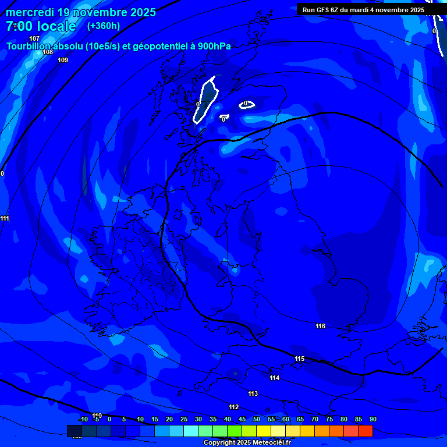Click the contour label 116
[320, 326]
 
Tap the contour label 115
[300, 359]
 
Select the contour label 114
[275, 378]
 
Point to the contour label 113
[253, 394]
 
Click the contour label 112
[234, 407]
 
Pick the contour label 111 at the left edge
[5, 218]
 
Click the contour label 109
[63, 60]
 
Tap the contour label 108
[48, 52]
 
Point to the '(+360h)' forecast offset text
[104, 26]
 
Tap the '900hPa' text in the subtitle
[214, 47]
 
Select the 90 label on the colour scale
[372, 419]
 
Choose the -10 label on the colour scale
[83, 419]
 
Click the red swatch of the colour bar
[365, 431]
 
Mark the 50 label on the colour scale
[256, 419]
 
